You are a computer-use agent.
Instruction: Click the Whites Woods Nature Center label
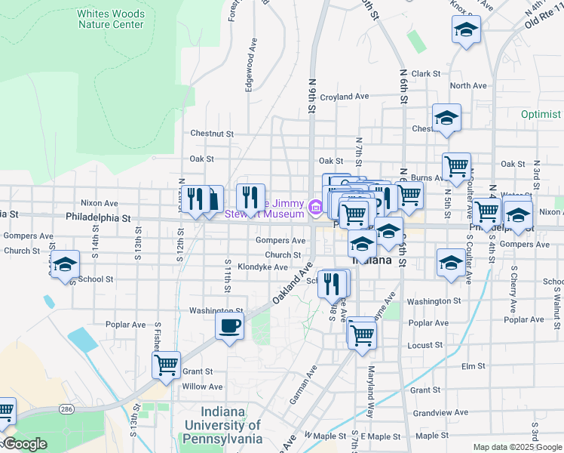coord(111,19)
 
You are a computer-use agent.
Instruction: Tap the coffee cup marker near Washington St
coord(229,327)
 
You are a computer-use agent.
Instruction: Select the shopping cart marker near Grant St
coord(166,365)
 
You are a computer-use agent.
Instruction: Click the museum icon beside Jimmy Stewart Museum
coord(314,205)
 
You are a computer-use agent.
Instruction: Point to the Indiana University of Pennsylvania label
coord(223,425)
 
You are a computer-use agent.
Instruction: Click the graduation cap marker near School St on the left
coord(66,265)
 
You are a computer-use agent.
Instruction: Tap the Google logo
coord(25,444)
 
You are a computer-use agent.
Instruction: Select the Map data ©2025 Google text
coord(517,447)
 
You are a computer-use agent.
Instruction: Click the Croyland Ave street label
coord(344,97)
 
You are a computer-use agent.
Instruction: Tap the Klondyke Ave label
coord(263,267)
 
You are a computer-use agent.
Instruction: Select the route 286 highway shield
coord(66,408)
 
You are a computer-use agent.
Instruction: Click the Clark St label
coord(425,73)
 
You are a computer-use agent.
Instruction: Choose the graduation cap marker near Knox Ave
coord(466,31)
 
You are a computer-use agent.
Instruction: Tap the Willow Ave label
coord(202,387)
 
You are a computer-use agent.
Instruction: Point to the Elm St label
coord(473,366)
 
